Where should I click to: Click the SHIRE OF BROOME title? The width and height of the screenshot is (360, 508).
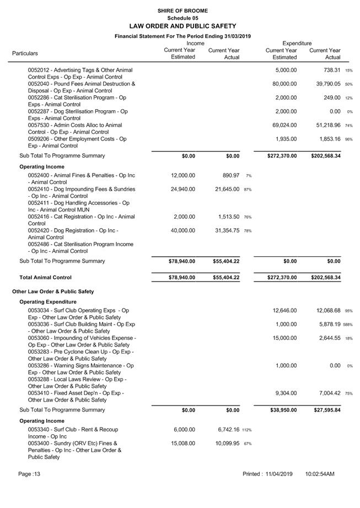pyautogui.click(x=182, y=10)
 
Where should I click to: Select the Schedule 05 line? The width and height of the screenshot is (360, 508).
pyautogui.click(x=182, y=18)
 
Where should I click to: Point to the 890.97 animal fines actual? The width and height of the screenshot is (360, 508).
pyautogui.click(x=229, y=175)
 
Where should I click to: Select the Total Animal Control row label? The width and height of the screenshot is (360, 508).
pyautogui.click(x=45, y=277)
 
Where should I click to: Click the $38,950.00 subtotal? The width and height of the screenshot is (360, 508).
pyautogui.click(x=282, y=410)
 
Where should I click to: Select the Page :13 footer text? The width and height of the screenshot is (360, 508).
pyautogui.click(x=29, y=474)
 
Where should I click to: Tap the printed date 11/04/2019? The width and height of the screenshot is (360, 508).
pyautogui.click(x=282, y=474)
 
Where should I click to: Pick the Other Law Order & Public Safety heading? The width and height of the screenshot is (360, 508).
pyautogui.click(x=53, y=291)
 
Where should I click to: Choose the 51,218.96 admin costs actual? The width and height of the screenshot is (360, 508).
pyautogui.click(x=325, y=125)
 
